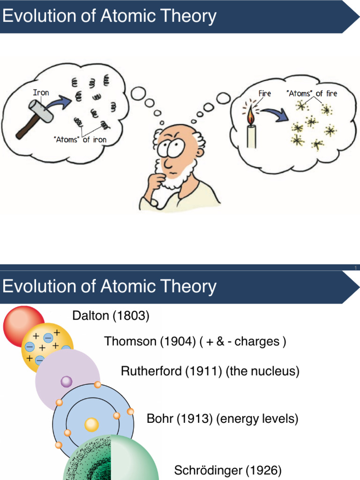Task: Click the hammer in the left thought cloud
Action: point(35,112)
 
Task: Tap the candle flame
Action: point(251,114)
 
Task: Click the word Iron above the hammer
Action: point(41,92)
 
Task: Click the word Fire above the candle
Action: point(265,93)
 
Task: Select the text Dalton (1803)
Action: point(111,316)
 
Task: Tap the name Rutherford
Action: point(151,371)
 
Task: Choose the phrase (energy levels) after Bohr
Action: point(257,419)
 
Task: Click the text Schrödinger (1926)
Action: point(228,470)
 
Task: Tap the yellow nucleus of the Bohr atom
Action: point(91,425)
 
